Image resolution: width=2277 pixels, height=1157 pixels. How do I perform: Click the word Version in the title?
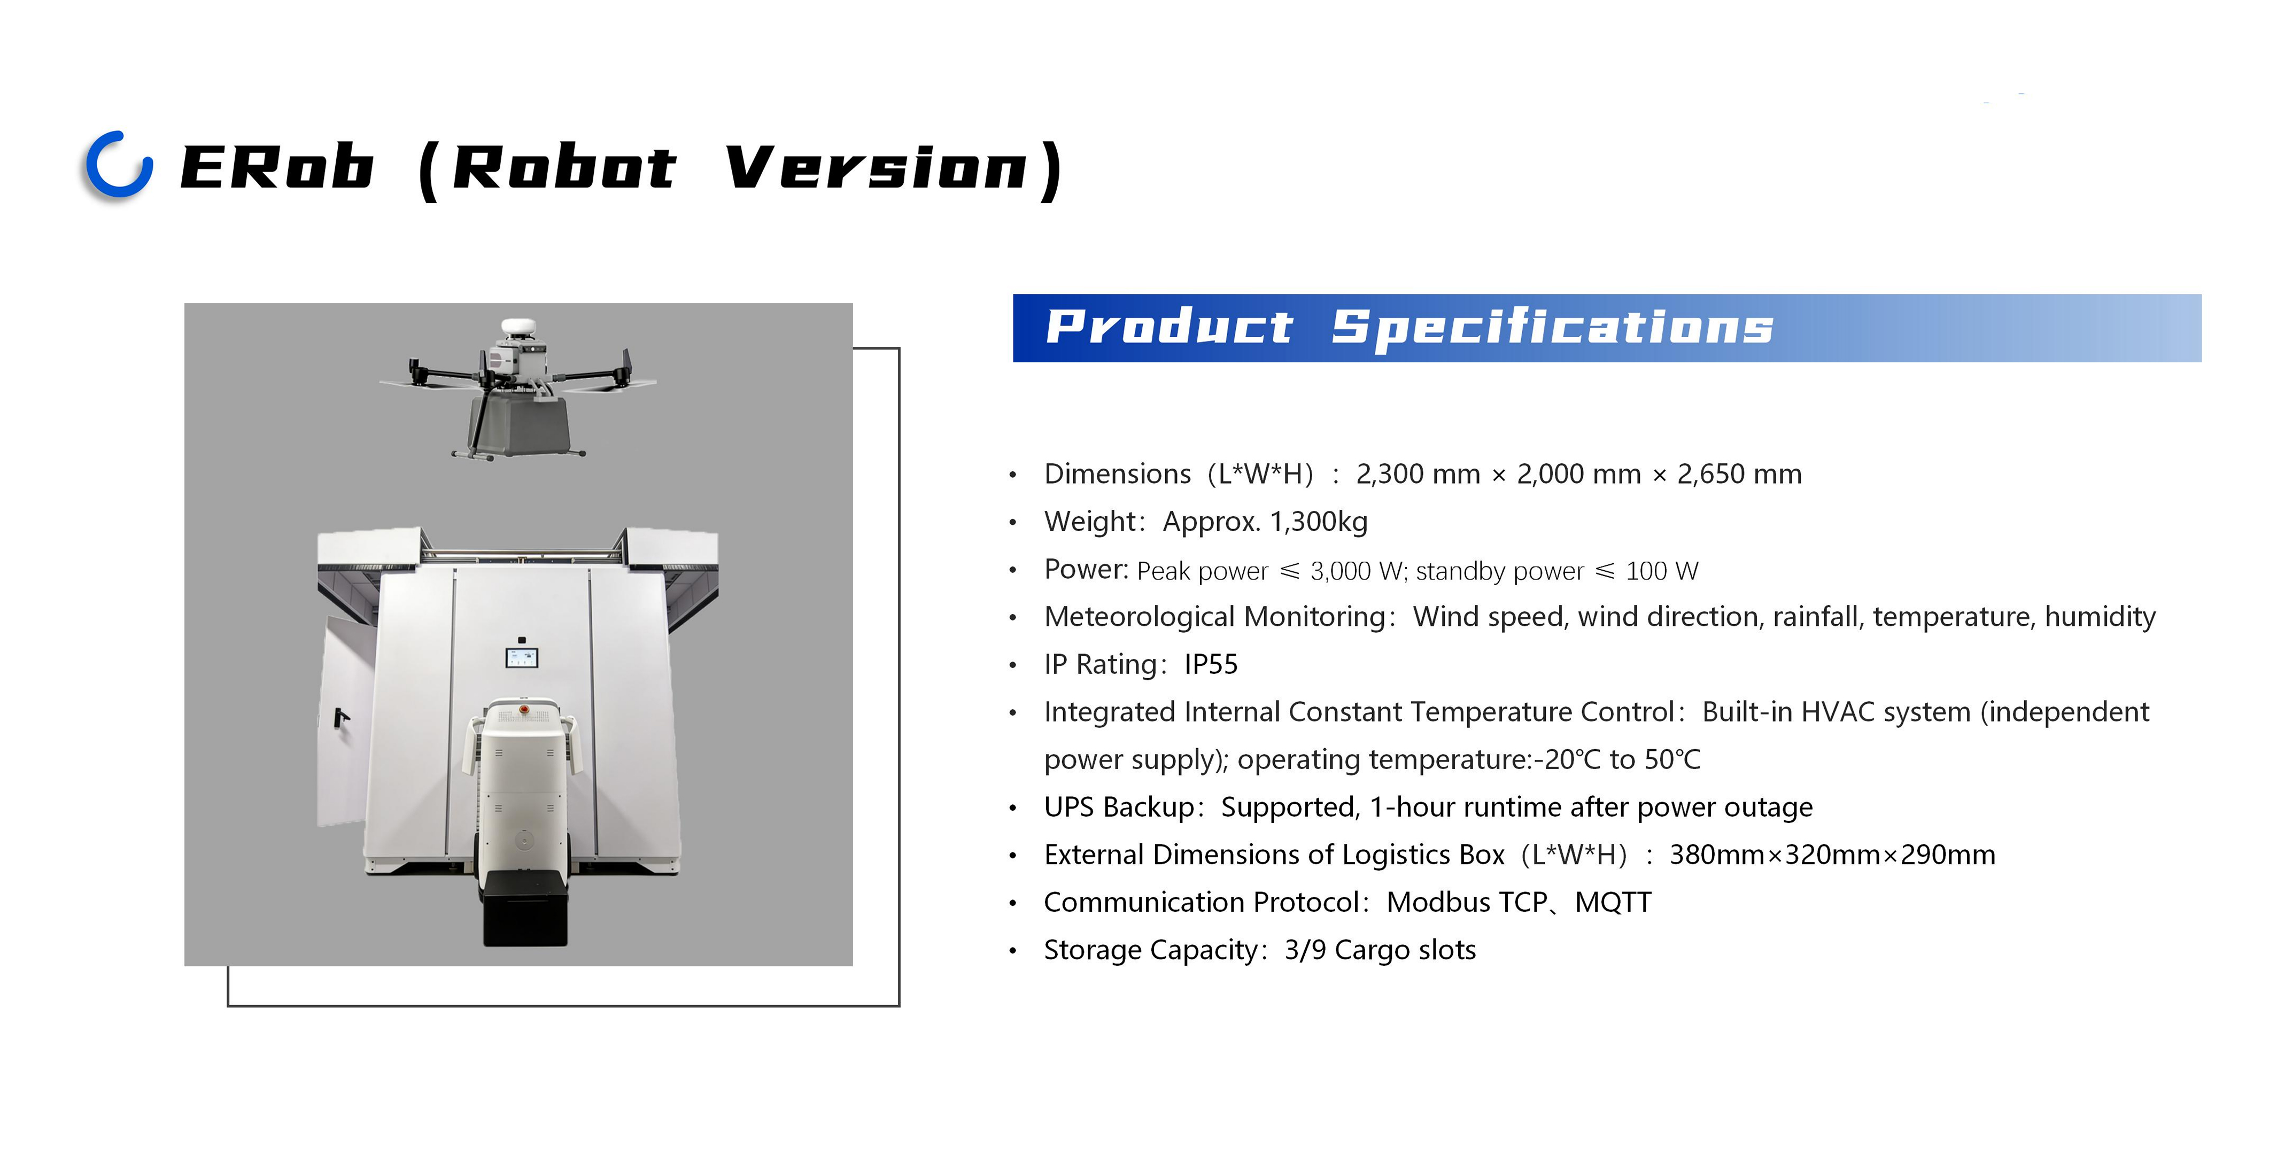click(877, 168)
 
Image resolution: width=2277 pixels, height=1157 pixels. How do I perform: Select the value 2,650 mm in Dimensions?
click(1739, 475)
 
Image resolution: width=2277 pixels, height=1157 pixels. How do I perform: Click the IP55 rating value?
click(1211, 665)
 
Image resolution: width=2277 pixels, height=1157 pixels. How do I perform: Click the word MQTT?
click(1613, 903)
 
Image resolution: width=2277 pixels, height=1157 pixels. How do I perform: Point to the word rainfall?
click(1815, 617)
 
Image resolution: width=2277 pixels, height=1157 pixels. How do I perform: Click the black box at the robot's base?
click(525, 908)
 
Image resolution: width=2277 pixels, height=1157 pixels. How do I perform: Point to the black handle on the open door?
click(340, 717)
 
